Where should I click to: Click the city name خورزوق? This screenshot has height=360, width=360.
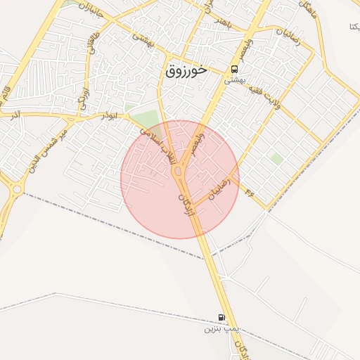click(188, 70)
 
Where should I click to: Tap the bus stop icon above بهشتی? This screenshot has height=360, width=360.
click(233, 70)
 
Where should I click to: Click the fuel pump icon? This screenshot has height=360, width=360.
click(222, 318)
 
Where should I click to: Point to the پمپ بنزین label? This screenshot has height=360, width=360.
click(222, 328)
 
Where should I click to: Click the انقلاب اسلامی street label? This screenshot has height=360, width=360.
click(160, 146)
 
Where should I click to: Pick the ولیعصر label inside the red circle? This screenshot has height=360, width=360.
click(196, 139)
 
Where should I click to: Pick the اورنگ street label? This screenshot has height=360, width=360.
click(84, 98)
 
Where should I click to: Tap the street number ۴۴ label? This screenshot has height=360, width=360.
click(249, 191)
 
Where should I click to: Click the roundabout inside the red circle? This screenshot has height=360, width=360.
click(179, 172)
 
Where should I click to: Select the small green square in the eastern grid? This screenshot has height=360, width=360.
click(277, 160)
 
